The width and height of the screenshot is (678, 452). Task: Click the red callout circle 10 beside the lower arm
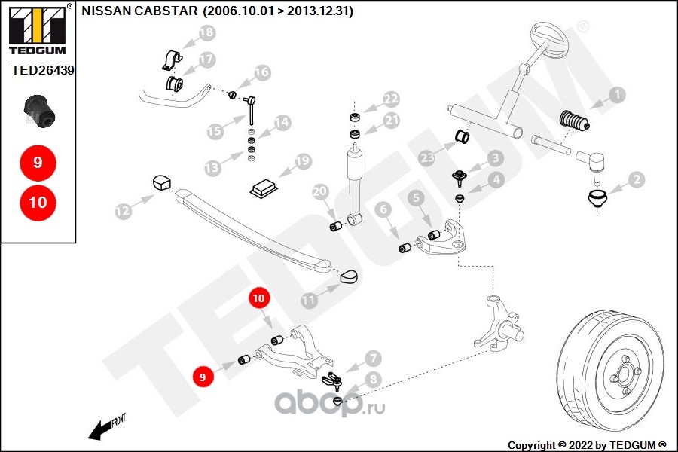coord(259,298)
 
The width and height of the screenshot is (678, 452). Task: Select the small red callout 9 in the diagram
coord(202,374)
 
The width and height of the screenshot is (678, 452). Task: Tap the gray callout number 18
coord(206,32)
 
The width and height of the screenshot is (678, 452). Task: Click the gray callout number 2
coord(637,179)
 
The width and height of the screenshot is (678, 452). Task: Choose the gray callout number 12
coord(122,213)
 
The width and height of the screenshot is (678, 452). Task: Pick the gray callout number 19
coord(303,160)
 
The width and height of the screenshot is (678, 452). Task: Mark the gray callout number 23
coord(428,157)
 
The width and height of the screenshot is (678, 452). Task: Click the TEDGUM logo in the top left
coord(36,29)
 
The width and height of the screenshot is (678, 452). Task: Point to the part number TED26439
coord(38,69)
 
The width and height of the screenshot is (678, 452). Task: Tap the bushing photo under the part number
coord(38,111)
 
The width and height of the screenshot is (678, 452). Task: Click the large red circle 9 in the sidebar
coord(38,162)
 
